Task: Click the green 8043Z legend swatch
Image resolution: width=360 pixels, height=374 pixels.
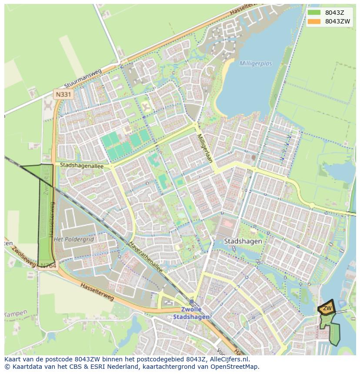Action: coord(313,13)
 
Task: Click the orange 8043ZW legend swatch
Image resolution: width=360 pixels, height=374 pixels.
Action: coord(313,21)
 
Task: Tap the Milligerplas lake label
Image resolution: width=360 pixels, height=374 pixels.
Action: coord(255,63)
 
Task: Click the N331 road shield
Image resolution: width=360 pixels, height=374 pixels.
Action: coord(63,94)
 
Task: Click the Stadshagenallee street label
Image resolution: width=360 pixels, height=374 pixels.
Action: coord(82,165)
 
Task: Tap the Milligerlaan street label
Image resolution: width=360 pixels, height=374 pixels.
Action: coord(204,148)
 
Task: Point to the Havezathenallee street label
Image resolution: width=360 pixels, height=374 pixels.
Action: coord(146,258)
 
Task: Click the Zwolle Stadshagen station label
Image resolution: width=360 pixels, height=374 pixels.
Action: coord(191,313)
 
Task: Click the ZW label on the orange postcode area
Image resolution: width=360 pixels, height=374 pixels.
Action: coord(327,308)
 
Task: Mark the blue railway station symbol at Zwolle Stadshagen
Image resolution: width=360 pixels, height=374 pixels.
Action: coord(191,301)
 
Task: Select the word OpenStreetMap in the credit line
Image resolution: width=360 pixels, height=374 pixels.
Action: coord(235,367)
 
